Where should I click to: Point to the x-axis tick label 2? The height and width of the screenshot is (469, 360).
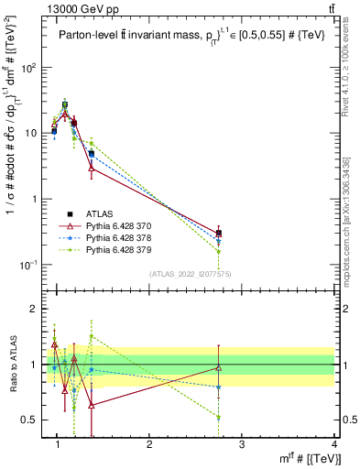point(149,444)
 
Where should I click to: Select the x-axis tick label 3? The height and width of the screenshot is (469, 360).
point(241,444)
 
